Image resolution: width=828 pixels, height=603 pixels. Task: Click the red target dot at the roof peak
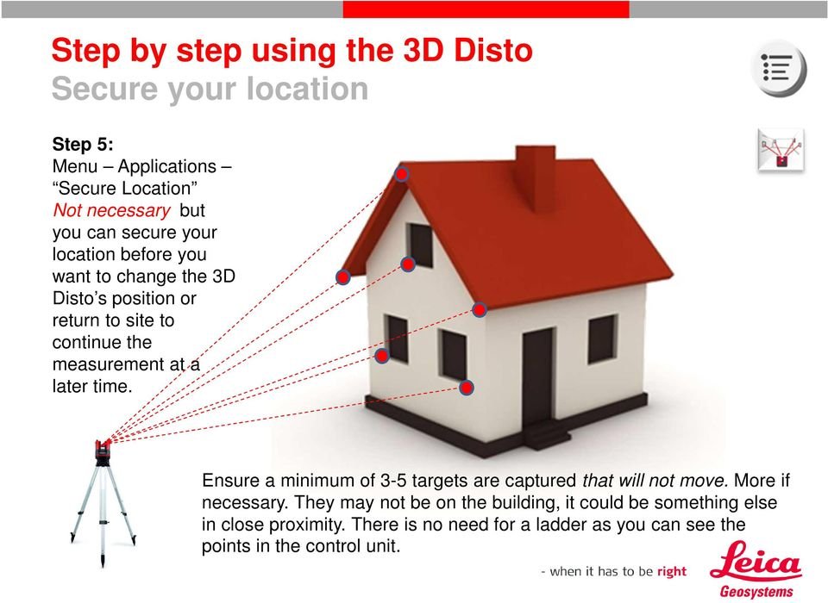click(402, 174)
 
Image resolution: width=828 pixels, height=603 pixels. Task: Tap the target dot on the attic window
click(408, 264)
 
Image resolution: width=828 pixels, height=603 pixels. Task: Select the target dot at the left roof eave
click(343, 277)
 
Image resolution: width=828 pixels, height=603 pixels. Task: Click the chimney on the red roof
click(535, 177)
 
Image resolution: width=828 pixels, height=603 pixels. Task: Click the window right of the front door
click(603, 339)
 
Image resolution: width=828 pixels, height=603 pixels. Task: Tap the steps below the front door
click(547, 435)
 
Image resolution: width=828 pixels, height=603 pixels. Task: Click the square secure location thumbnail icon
click(781, 150)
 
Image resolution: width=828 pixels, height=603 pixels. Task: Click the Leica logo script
click(756, 562)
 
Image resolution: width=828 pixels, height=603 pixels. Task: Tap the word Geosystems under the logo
click(756, 592)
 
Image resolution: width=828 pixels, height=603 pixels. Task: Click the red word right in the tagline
click(672, 571)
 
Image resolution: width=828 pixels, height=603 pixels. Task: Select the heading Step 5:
click(83, 144)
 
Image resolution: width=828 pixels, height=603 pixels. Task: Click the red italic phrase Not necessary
click(111, 210)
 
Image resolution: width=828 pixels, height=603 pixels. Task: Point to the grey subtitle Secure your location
click(210, 89)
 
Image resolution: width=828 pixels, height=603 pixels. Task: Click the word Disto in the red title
click(493, 50)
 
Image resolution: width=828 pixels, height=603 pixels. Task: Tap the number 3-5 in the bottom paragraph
click(393, 481)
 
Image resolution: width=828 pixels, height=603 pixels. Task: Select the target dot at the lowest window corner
click(466, 389)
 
